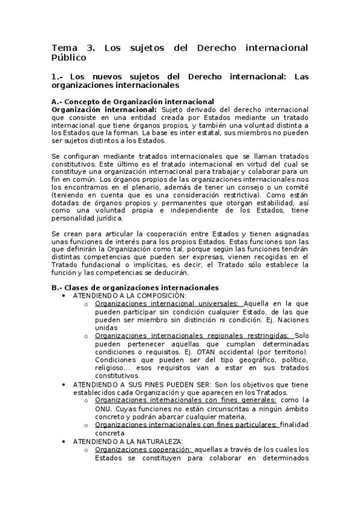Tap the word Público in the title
[69, 58]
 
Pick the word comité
[294, 187]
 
